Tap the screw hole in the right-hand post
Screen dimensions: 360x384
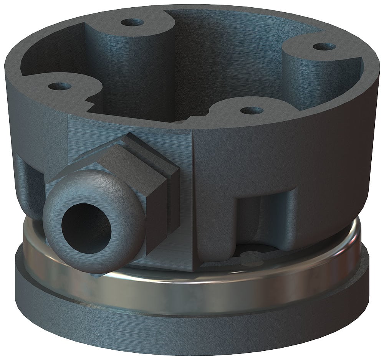pyautogui.click(x=324, y=47)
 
